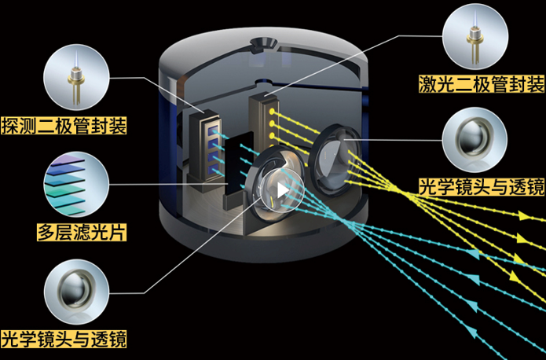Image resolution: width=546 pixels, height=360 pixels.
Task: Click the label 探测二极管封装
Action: (64, 125)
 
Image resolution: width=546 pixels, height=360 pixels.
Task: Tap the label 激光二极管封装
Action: (481, 83)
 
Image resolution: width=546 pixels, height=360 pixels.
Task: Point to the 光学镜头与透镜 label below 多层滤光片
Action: (64, 340)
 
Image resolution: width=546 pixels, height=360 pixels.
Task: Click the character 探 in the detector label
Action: (11, 125)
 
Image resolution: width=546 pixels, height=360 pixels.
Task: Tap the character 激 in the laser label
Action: (427, 83)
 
